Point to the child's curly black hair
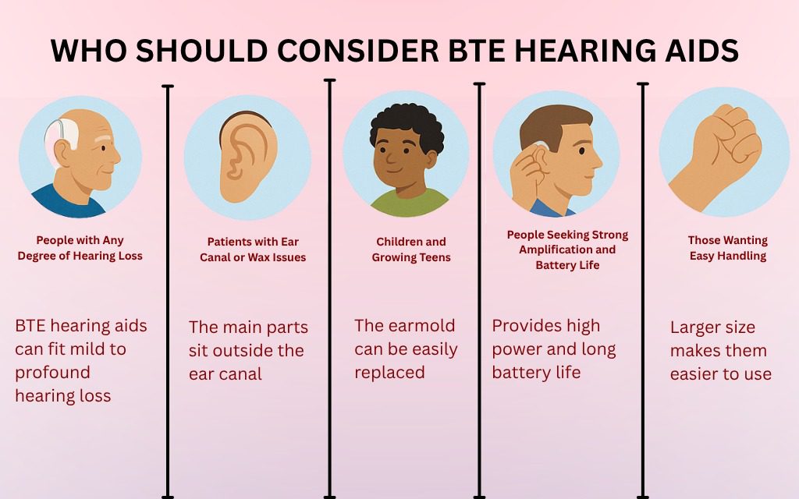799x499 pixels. point(406,125)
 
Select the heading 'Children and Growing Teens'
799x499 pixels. point(410,249)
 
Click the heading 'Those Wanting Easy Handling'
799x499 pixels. point(727,248)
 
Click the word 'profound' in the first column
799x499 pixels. point(52,373)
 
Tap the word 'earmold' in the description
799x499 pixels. point(424,326)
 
